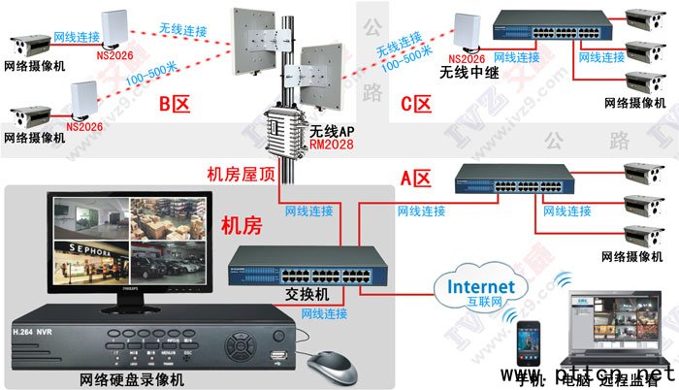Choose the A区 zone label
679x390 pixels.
click(415, 179)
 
